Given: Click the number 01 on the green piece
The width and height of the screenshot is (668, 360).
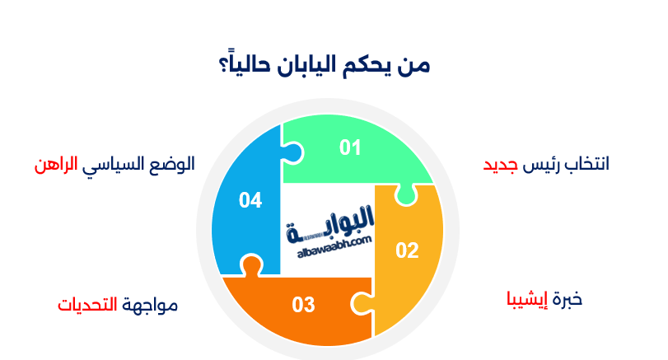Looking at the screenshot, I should (351, 147).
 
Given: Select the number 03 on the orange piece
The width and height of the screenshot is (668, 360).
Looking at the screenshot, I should (303, 305).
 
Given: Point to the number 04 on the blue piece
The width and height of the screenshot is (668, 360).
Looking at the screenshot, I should (250, 199).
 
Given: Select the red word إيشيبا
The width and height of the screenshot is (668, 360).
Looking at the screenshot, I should (525, 298).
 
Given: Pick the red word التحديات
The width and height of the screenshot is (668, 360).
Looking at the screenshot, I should (86, 305).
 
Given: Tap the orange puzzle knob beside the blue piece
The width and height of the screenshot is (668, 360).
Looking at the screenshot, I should (250, 265).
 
